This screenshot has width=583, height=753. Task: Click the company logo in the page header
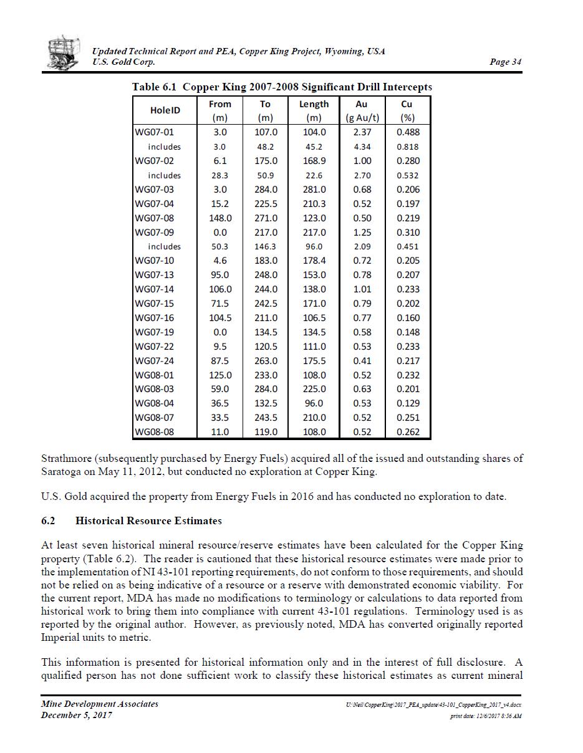[x=64, y=53]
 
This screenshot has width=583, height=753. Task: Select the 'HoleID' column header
[x=165, y=110]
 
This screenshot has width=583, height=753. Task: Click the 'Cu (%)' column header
[x=408, y=110]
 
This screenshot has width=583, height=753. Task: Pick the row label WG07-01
[x=155, y=132]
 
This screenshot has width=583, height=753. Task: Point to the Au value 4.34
[x=362, y=146]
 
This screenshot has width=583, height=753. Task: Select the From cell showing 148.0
[x=220, y=218]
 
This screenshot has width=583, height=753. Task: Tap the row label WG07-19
[x=155, y=332]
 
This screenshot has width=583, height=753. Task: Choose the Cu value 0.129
[x=408, y=403]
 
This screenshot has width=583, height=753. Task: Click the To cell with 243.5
[x=266, y=418]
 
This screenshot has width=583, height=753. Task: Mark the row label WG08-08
[x=155, y=432]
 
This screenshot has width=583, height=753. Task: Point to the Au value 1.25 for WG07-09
[x=362, y=233]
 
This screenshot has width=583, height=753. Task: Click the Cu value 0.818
[x=408, y=146]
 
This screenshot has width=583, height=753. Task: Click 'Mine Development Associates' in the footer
[x=100, y=704]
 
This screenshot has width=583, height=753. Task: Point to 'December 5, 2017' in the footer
[x=77, y=715]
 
